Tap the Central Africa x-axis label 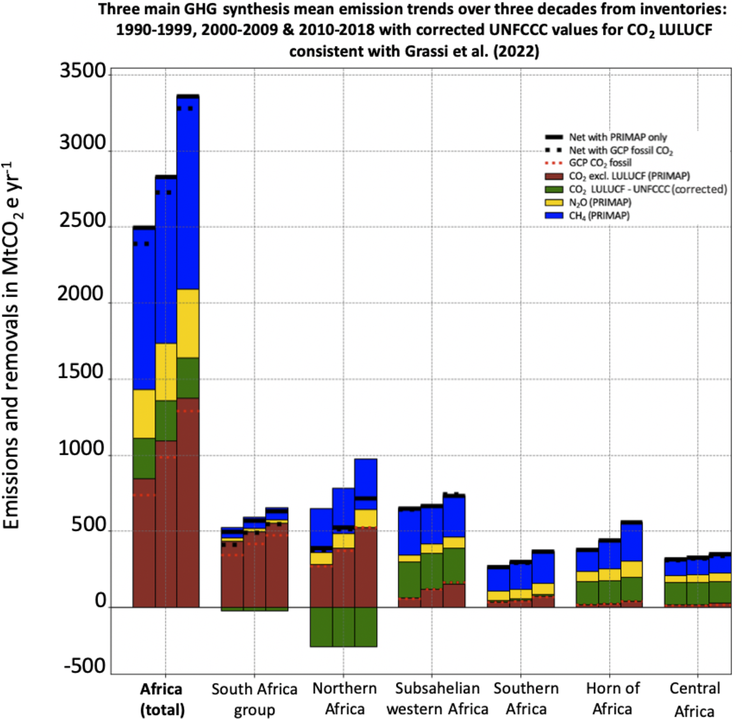tap(695, 700)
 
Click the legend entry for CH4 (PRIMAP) tap(599, 216)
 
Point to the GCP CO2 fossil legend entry tap(600, 163)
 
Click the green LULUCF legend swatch tap(554, 189)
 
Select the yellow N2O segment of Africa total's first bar tap(144, 413)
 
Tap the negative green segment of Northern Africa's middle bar tap(344, 626)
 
